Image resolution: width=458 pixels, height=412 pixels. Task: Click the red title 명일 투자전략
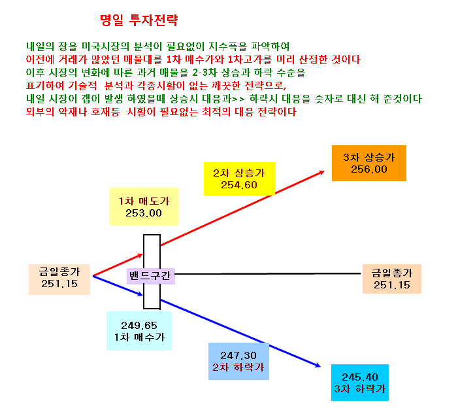(139, 20)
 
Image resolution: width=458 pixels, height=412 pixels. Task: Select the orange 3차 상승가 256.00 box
(369, 163)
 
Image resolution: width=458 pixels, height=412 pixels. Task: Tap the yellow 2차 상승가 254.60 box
(239, 179)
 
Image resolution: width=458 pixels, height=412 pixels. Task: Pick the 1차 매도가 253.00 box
(144, 207)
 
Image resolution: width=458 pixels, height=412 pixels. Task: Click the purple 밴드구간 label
(151, 276)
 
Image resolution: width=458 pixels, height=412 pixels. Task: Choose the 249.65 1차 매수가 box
(139, 331)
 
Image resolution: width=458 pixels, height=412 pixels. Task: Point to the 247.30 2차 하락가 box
(238, 362)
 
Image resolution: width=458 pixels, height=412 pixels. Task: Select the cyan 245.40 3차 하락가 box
(360, 383)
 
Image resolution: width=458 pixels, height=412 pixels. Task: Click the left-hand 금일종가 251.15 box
(59, 279)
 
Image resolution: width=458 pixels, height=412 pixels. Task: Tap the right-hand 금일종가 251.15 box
(392, 279)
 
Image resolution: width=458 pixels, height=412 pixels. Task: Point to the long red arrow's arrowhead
(322, 173)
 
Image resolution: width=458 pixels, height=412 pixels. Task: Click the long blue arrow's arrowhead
(318, 365)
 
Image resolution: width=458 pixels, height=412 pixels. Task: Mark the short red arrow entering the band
(118, 266)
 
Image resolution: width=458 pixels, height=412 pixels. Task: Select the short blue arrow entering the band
(118, 286)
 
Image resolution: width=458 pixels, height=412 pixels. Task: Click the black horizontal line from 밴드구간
(268, 274)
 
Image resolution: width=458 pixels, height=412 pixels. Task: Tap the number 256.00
(369, 169)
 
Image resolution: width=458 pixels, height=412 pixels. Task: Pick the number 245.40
(360, 377)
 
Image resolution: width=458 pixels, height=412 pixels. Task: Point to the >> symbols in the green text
(238, 99)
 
